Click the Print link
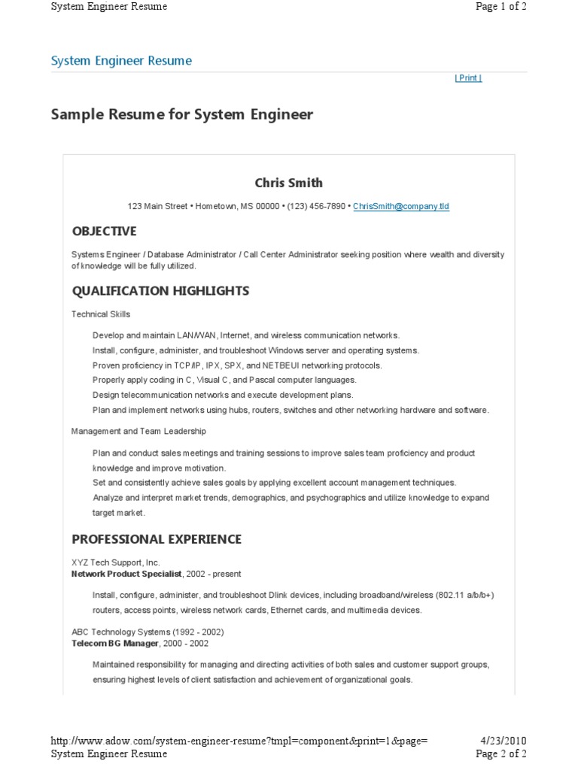468,78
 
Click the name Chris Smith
289,183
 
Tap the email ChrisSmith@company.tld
401,206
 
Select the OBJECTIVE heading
104,231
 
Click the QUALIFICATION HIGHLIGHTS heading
160,290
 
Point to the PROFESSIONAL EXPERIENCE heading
157,539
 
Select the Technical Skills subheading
101,314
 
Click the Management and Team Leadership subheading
138,432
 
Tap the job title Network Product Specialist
126,574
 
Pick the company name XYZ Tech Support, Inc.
115,562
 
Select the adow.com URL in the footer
239,741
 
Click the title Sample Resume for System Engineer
181,115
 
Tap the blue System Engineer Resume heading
121,61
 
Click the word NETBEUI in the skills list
284,365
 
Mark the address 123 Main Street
159,206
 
